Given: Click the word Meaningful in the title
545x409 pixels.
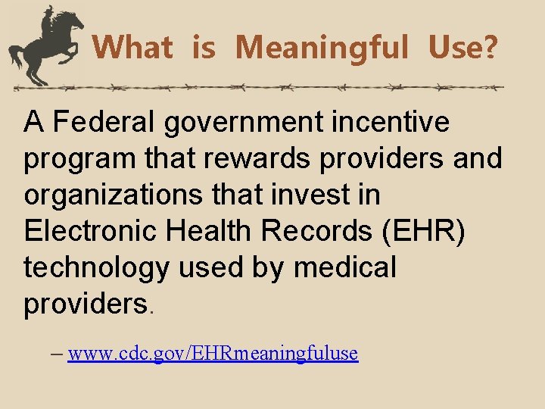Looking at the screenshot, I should [321, 48].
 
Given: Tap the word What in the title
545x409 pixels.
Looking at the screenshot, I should [132, 48].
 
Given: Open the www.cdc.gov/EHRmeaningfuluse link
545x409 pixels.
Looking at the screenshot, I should [212, 353].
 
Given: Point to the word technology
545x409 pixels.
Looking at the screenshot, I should [99, 268].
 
